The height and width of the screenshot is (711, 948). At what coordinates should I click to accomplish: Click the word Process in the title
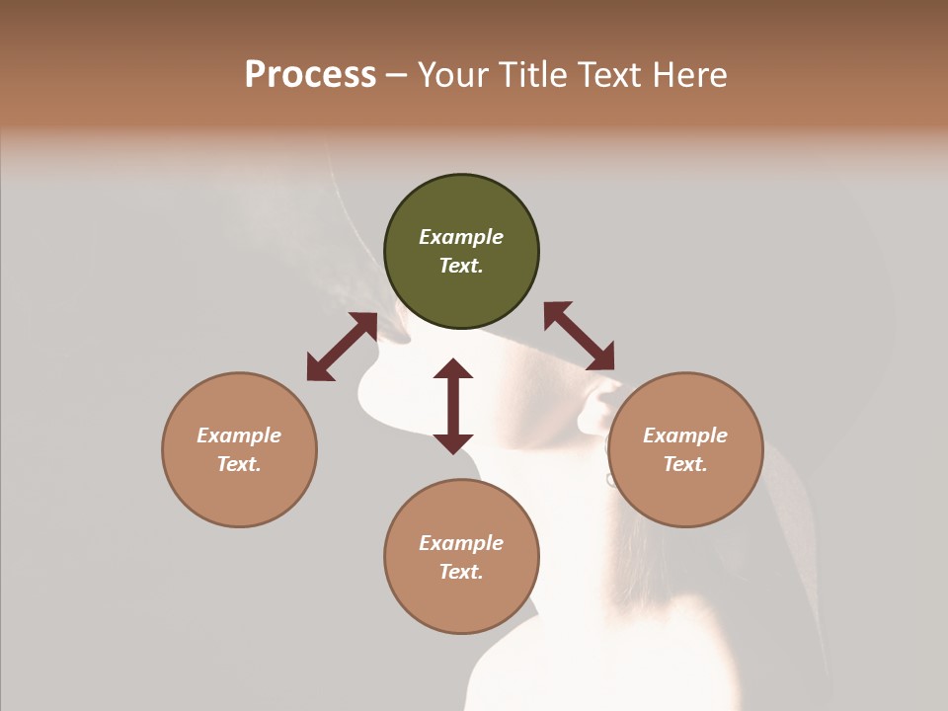click(310, 75)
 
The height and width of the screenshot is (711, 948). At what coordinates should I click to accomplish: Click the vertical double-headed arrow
click(453, 406)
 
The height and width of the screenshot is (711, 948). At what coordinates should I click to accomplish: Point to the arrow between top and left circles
click(342, 347)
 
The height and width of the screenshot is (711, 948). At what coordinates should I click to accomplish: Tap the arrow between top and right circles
click(579, 336)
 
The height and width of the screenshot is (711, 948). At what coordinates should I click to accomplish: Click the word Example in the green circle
click(461, 237)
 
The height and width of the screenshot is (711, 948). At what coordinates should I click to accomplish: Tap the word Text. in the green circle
click(461, 266)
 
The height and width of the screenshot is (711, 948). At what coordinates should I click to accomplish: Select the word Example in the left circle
click(239, 435)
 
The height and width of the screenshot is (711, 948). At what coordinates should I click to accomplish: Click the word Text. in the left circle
click(239, 464)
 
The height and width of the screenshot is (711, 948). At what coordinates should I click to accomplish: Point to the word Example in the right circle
click(685, 435)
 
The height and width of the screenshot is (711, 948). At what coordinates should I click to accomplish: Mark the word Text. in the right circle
click(685, 464)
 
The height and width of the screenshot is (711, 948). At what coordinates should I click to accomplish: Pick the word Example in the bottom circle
click(461, 543)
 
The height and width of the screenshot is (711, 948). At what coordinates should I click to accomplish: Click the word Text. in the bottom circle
click(461, 572)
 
